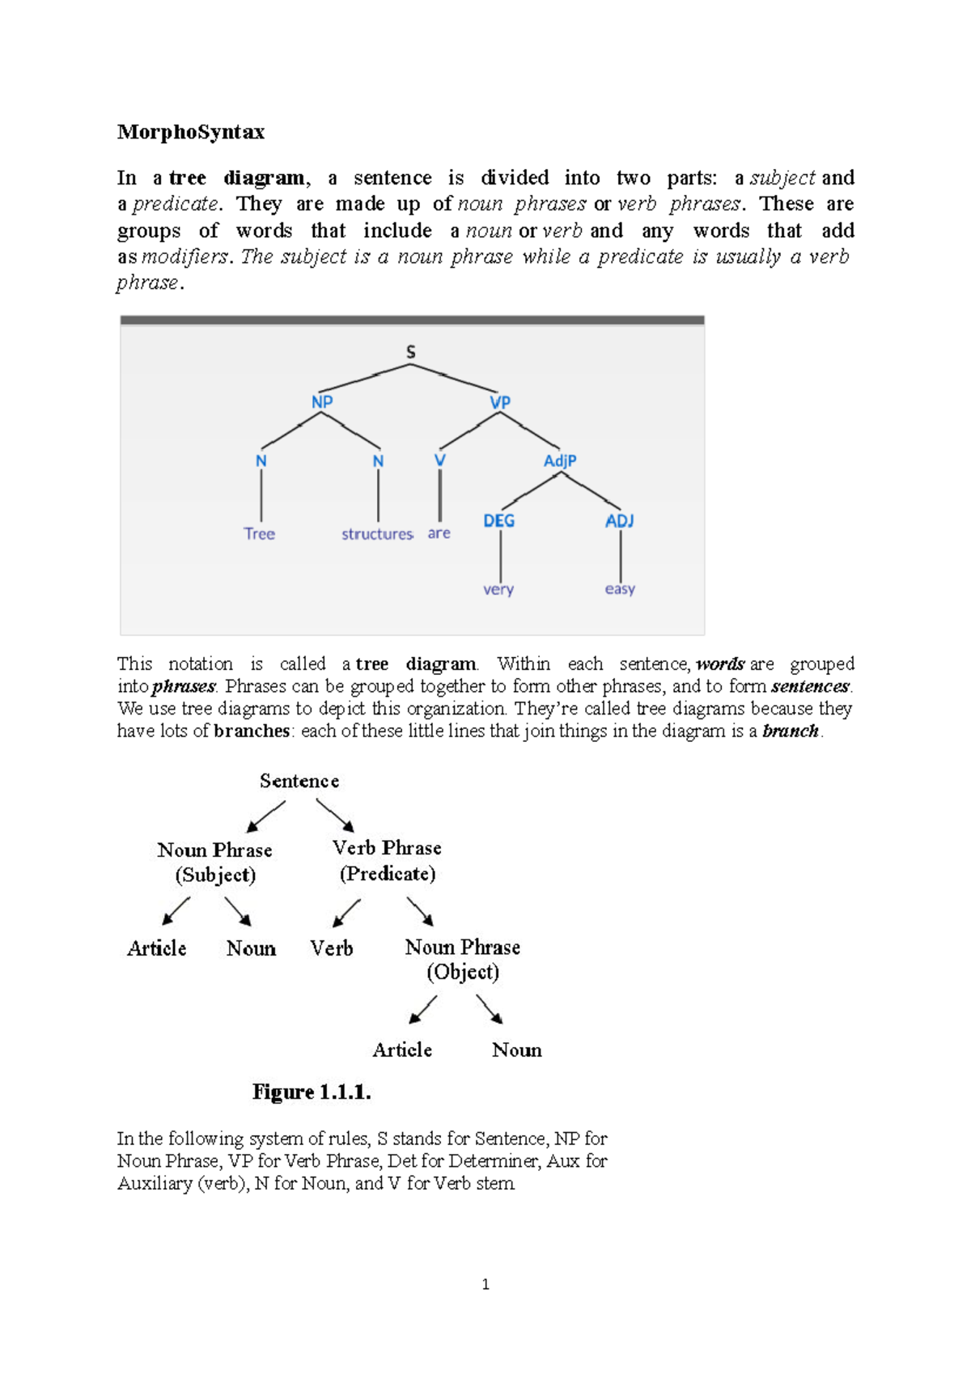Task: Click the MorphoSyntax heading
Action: pyautogui.click(x=190, y=132)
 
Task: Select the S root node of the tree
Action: pyautogui.click(x=411, y=352)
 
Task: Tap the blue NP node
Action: pyautogui.click(x=322, y=402)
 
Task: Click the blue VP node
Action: pyautogui.click(x=500, y=402)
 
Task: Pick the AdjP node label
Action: pyautogui.click(x=560, y=460)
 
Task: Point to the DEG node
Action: pyautogui.click(x=498, y=520)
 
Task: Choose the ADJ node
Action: pyautogui.click(x=620, y=520)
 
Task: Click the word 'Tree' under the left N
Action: pyautogui.click(x=260, y=534)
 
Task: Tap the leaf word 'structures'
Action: pyautogui.click(x=377, y=534)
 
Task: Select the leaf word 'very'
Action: pyautogui.click(x=498, y=589)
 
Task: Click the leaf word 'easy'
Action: pyautogui.click(x=620, y=589)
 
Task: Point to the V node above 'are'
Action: pyautogui.click(x=439, y=460)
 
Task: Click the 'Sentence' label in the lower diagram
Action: pyautogui.click(x=299, y=781)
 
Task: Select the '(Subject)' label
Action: pyautogui.click(x=215, y=875)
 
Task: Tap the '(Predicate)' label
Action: pyautogui.click(x=388, y=873)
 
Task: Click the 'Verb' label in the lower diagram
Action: pyautogui.click(x=332, y=948)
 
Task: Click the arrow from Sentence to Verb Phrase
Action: pyautogui.click(x=335, y=815)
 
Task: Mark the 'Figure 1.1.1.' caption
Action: pyautogui.click(x=312, y=1092)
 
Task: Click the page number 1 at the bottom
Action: pyautogui.click(x=485, y=1284)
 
